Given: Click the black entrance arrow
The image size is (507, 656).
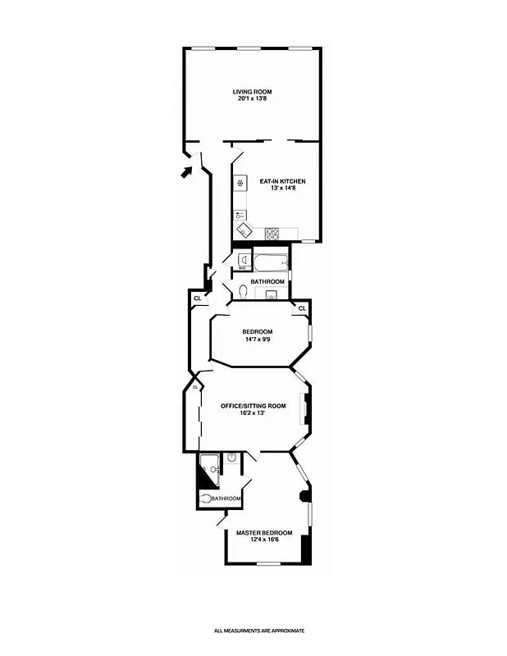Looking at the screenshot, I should click(187, 171).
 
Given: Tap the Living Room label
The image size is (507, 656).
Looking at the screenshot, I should click(251, 91).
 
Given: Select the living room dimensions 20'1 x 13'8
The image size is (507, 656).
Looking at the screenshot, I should click(251, 99).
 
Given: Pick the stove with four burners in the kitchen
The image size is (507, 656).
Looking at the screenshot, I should click(272, 233).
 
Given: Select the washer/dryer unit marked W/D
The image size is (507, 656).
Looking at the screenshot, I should click(243, 262).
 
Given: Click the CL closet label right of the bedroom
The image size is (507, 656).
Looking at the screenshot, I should click(302, 308).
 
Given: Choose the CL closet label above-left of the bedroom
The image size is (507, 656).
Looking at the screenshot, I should click(198, 298).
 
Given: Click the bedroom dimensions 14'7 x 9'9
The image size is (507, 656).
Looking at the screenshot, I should click(257, 339).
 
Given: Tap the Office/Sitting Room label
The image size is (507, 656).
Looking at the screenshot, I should click(253, 405).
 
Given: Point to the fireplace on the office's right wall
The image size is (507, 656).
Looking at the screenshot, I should click(306, 410).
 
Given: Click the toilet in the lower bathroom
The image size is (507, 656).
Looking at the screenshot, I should click(205, 498).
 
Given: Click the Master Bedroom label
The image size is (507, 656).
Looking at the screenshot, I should click(264, 533).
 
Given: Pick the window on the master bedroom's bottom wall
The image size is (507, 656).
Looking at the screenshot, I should click(269, 564).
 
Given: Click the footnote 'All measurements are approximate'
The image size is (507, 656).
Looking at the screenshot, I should click(259, 631).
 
